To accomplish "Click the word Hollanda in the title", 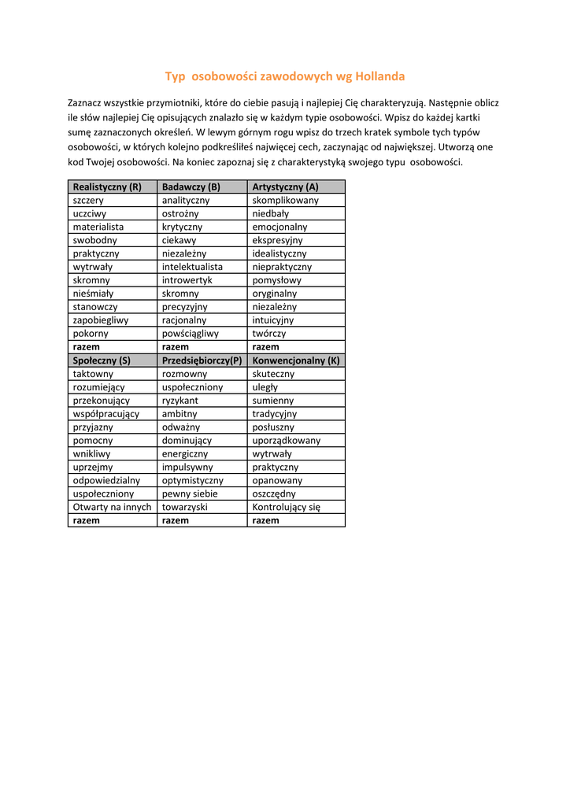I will pyautogui.click(x=380, y=76).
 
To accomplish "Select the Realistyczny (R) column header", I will pyautogui.click(x=107, y=187).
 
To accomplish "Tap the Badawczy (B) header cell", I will pyautogui.click(x=191, y=187).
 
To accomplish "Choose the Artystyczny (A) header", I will pyautogui.click(x=285, y=187).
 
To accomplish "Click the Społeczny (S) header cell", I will pyautogui.click(x=102, y=360).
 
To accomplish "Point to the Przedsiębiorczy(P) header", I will pyautogui.click(x=202, y=360).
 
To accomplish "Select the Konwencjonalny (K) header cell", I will pyautogui.click(x=296, y=360).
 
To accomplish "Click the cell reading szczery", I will pyautogui.click(x=88, y=200).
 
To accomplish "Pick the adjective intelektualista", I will pyautogui.click(x=192, y=267).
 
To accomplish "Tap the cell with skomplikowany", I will pyautogui.click(x=286, y=200).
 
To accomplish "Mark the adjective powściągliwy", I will pyautogui.click(x=191, y=334).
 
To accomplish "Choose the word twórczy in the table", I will pyautogui.click(x=269, y=334).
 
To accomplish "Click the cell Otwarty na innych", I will pyautogui.click(x=112, y=508).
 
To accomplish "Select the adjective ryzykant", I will pyautogui.click(x=180, y=401).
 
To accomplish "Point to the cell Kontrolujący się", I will pyautogui.click(x=287, y=508).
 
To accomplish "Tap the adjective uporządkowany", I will pyautogui.click(x=287, y=441).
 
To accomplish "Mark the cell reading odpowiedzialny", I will pyautogui.click(x=106, y=481).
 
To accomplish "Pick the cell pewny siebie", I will pyautogui.click(x=190, y=494).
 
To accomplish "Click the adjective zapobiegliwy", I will pyautogui.click(x=101, y=320).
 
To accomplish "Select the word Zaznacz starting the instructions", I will pyautogui.click(x=87, y=103).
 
